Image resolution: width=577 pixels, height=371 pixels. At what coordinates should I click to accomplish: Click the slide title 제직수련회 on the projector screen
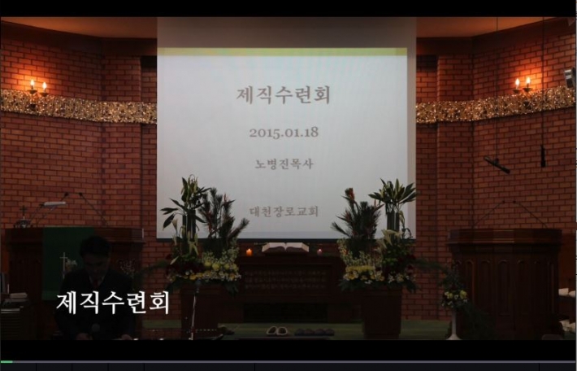(x=283, y=94)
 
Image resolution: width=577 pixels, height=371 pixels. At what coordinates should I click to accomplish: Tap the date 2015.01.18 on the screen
(x=284, y=133)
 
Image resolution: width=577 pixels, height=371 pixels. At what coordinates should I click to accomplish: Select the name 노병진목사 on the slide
(x=284, y=164)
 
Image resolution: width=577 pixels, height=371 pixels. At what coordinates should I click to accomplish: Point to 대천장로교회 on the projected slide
(x=284, y=212)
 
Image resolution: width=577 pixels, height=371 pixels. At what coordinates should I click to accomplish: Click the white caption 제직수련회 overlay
(x=113, y=303)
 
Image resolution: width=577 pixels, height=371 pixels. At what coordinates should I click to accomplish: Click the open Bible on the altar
(x=285, y=247)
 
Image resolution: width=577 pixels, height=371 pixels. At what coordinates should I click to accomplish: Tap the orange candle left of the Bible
(x=249, y=252)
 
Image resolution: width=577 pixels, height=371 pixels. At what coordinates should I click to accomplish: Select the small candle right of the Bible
(x=319, y=251)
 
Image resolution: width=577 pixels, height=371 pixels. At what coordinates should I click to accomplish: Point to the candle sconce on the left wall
(x=38, y=89)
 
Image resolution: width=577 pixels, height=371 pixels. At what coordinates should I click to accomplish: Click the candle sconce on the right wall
(x=523, y=85)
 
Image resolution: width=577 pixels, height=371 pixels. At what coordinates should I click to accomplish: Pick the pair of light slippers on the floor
(x=277, y=330)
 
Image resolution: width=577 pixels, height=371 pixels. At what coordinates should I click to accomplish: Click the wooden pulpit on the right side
(x=505, y=280)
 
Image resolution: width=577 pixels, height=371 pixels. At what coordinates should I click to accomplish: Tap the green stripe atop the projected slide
(x=282, y=51)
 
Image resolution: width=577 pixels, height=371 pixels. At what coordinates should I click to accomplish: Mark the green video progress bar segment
(x=7, y=362)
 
